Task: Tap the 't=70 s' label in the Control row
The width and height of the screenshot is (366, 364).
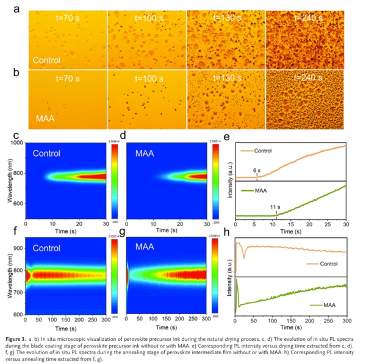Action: (68, 18)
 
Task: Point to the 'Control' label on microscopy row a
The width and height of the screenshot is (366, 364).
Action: (47, 60)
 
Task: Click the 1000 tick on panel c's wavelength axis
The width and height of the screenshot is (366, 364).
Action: (18, 142)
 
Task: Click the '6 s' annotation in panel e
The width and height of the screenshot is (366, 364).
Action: (256, 171)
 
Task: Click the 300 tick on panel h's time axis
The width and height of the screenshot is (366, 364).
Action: (346, 319)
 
